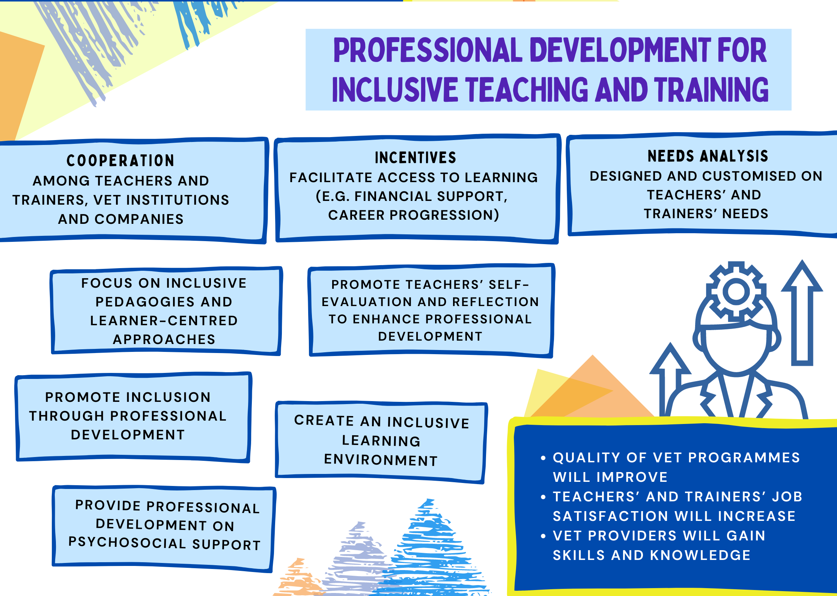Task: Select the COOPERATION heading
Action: [x=120, y=161]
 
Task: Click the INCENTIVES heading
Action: [x=415, y=158]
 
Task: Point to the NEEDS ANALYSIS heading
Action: [x=708, y=156]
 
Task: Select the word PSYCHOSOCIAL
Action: [x=127, y=542]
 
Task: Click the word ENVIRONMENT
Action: [x=381, y=460]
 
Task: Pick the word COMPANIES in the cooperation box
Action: [x=139, y=219]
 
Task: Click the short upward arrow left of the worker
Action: [x=670, y=379]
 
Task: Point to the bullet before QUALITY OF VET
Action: [x=543, y=458]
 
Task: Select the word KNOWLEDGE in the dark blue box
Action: [x=700, y=555]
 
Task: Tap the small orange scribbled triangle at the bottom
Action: [x=298, y=578]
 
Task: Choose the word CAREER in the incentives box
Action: [x=357, y=215]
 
